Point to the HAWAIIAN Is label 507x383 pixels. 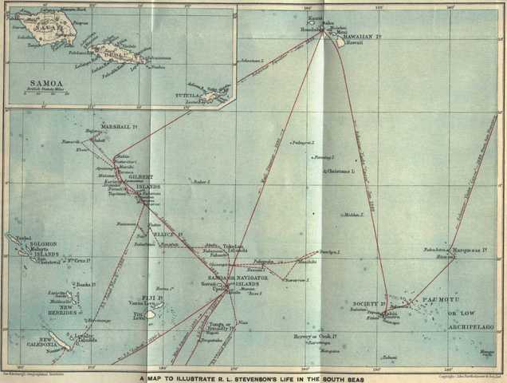[345, 35]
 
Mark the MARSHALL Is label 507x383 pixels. [117, 128]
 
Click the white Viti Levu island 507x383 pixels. [149, 314]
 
